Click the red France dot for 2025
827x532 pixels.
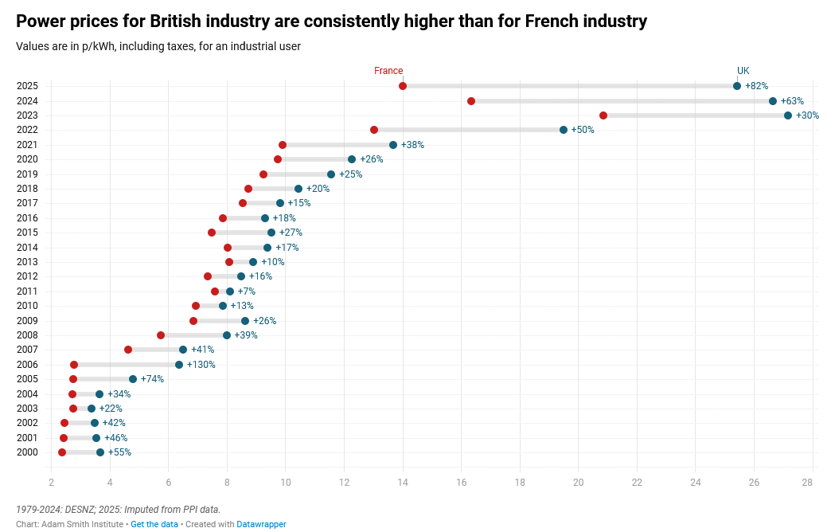403,86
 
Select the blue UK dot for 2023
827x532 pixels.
788,115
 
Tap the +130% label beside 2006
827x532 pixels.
201,365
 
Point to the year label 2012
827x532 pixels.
27,276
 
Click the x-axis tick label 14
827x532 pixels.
403,482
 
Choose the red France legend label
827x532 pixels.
388,71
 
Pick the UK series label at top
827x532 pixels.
743,71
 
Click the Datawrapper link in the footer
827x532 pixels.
261,524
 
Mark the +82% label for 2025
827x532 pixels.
756,86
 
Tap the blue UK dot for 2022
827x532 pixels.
564,130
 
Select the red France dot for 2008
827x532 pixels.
161,335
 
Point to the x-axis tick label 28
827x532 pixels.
807,482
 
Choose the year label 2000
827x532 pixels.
27,452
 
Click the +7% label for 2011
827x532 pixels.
247,291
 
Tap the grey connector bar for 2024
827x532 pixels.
621,101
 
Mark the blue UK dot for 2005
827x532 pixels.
133,379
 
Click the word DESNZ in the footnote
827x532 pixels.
78,510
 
